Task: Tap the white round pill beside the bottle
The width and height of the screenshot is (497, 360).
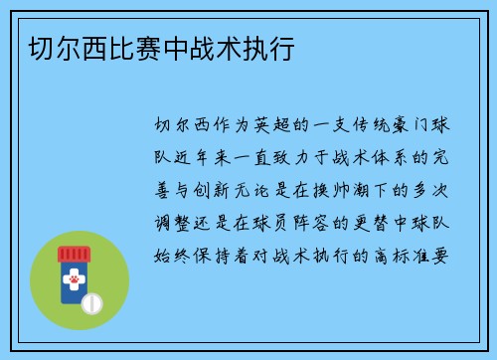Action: click(91, 301)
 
